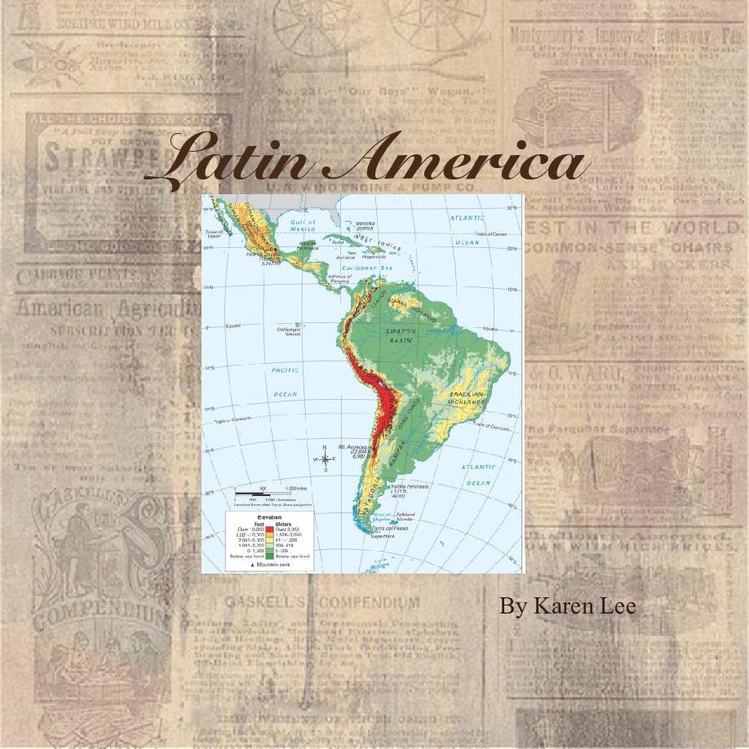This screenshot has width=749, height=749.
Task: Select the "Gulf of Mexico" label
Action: coord(301,225)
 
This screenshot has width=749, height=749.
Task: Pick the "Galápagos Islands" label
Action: coord(289,332)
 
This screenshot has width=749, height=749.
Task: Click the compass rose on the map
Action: coord(325,459)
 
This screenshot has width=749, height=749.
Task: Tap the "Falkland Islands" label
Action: coord(406,516)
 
